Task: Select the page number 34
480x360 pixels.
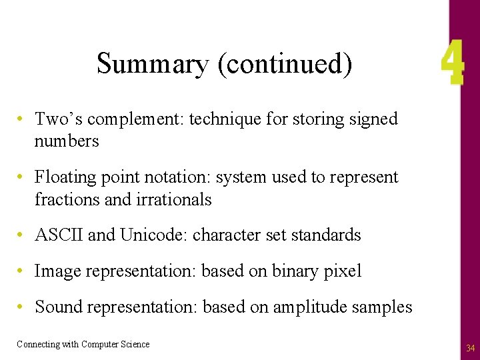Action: [471, 348]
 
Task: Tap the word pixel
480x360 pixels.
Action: [344, 271]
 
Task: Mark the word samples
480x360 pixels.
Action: [383, 307]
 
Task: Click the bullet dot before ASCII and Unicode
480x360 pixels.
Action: [22, 235]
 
